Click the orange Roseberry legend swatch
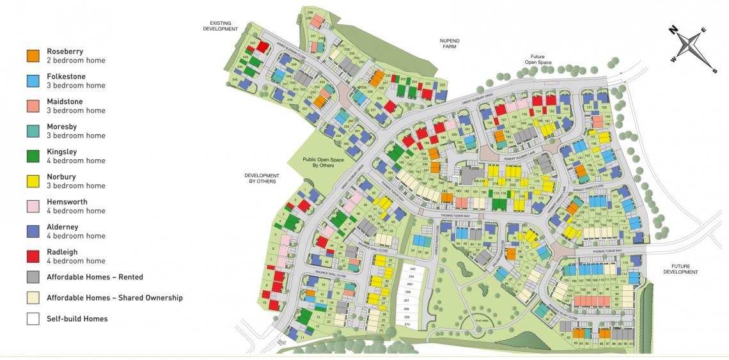tap(33, 56)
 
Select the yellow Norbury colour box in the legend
tap(33, 181)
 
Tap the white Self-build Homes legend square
tap(33, 318)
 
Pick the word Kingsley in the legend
tap(61, 152)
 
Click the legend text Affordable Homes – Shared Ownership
tap(114, 297)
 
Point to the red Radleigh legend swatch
tap(33, 256)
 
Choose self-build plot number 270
tap(405, 324)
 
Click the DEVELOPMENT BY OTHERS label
tap(261, 178)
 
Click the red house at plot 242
tap(262, 47)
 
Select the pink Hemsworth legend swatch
tap(33, 206)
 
